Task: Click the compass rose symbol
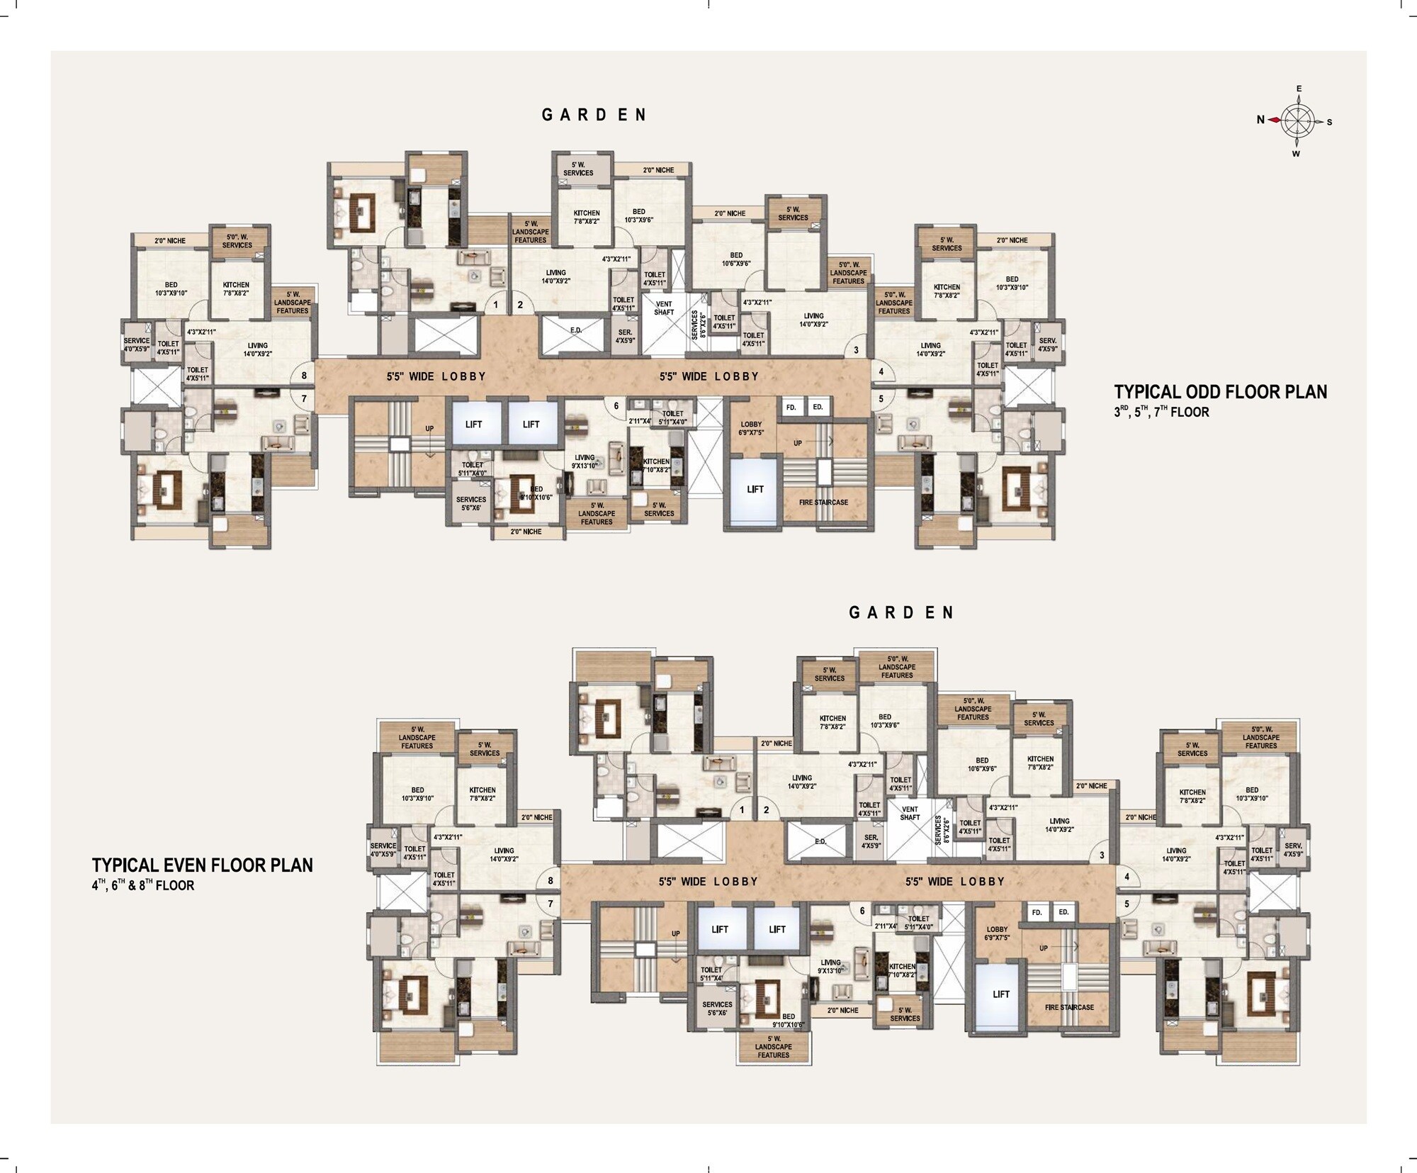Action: tap(1296, 121)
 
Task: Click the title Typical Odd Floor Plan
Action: tap(1220, 392)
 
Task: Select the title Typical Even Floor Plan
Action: tap(202, 865)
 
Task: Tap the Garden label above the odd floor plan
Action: tap(594, 115)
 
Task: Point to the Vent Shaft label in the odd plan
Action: tap(664, 308)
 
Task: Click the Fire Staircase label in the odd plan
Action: tap(823, 503)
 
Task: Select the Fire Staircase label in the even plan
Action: tap(1069, 1007)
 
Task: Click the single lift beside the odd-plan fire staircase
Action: tap(755, 490)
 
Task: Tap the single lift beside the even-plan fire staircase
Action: tap(1000, 994)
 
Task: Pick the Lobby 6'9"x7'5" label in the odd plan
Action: tap(751, 428)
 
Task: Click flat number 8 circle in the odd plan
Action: tap(304, 376)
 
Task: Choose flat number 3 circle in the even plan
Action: tap(1102, 855)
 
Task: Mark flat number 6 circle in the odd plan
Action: tap(616, 406)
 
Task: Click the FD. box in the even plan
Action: tap(1037, 912)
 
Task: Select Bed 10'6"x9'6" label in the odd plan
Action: tap(736, 259)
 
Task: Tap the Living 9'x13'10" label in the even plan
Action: tap(830, 967)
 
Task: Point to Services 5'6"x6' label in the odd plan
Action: tap(470, 503)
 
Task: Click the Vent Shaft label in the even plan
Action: tap(910, 813)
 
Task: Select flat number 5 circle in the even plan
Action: tap(1127, 904)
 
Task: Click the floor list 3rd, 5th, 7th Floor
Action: tap(1161, 412)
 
